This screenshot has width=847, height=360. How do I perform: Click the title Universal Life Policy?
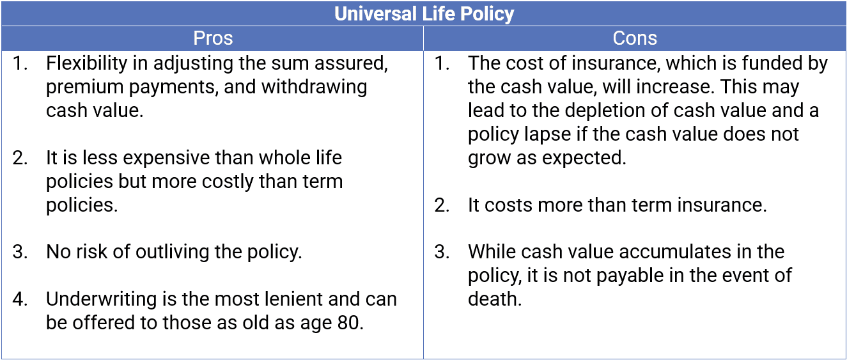click(424, 13)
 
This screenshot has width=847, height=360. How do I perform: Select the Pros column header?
click(212, 38)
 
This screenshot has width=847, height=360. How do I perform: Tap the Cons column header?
click(634, 38)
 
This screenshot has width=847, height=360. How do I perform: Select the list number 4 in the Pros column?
click(20, 299)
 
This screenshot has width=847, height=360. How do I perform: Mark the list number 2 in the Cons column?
click(442, 205)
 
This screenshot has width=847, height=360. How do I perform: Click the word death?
click(494, 299)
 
